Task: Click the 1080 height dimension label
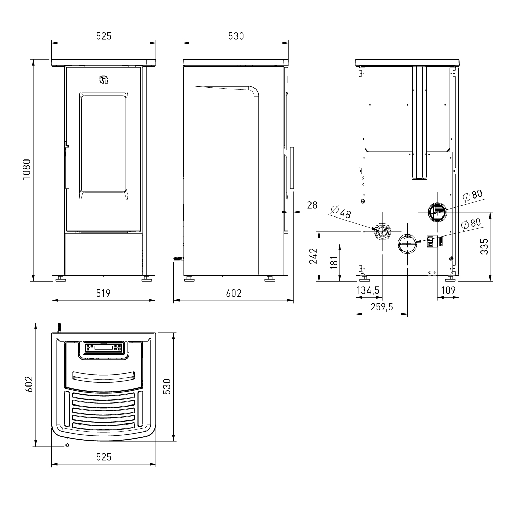[x=27, y=170]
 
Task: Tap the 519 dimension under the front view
[x=103, y=293]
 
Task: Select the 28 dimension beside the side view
[x=312, y=205]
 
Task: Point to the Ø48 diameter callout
[x=340, y=212]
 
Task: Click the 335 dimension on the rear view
[x=484, y=246]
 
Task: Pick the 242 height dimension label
[x=313, y=256]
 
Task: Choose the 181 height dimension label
[x=334, y=263]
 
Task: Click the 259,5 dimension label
[x=382, y=307]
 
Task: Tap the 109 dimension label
[x=448, y=290]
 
